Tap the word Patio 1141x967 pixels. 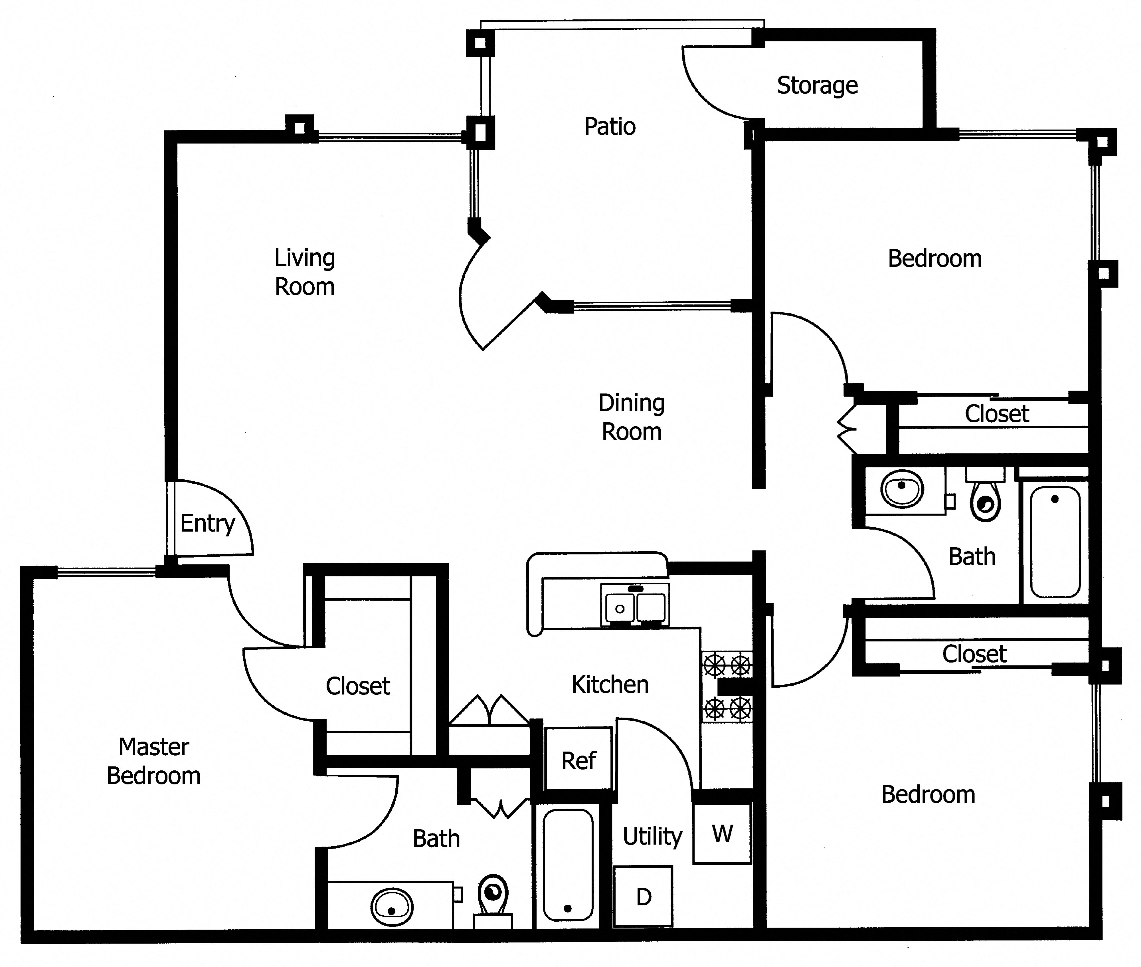[610, 127]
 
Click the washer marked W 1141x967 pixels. [722, 834]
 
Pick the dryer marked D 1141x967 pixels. [644, 897]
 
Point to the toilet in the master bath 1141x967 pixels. [493, 902]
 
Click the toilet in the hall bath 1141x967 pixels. [985, 495]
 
